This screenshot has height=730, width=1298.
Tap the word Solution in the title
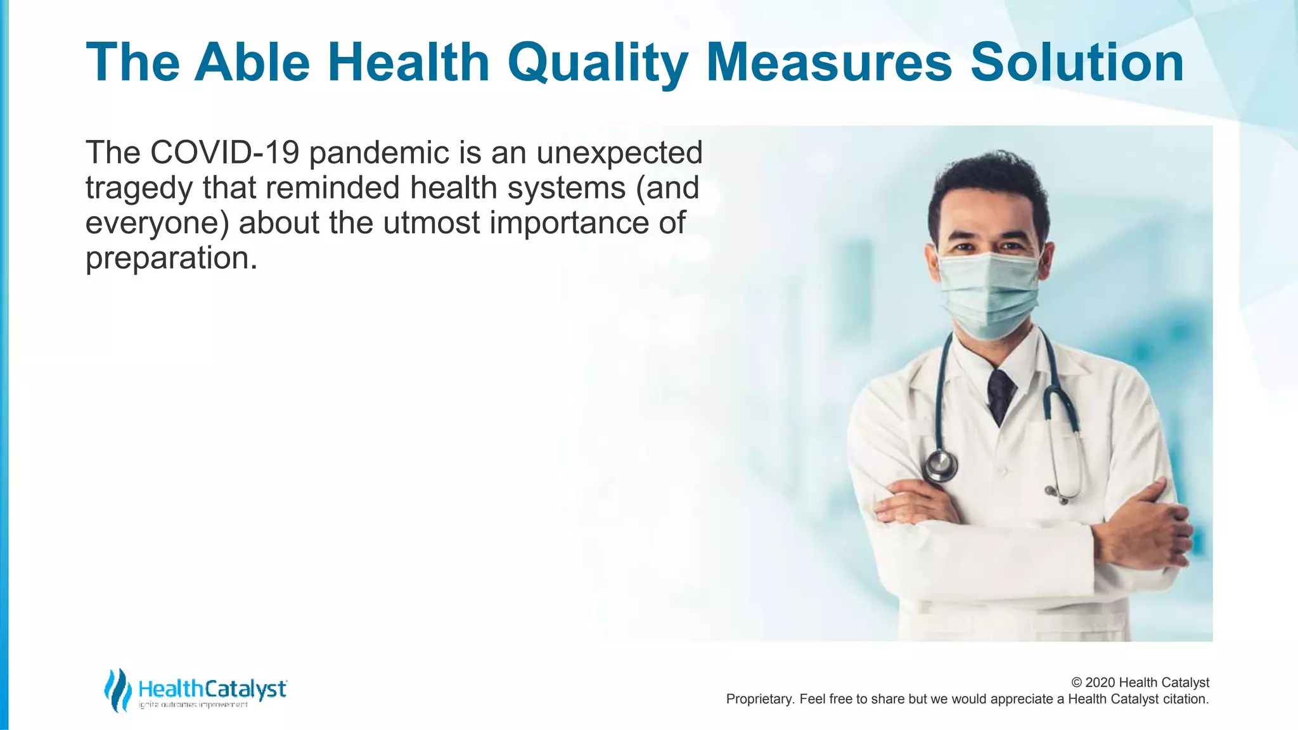pos(1077,62)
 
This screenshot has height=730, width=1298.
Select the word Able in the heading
pos(252,62)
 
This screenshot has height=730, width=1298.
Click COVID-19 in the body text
pos(224,153)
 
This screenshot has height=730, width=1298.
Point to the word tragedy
pos(139,189)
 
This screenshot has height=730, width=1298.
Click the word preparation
pos(170,259)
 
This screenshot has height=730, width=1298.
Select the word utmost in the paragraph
pos(431,223)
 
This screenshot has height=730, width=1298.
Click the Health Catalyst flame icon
pos(117,689)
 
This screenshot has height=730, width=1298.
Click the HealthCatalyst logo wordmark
pos(212,689)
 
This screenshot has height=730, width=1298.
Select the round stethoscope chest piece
pos(939,465)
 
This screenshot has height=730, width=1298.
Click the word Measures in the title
pos(828,62)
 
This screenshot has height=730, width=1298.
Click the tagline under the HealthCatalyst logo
pos(193,705)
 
